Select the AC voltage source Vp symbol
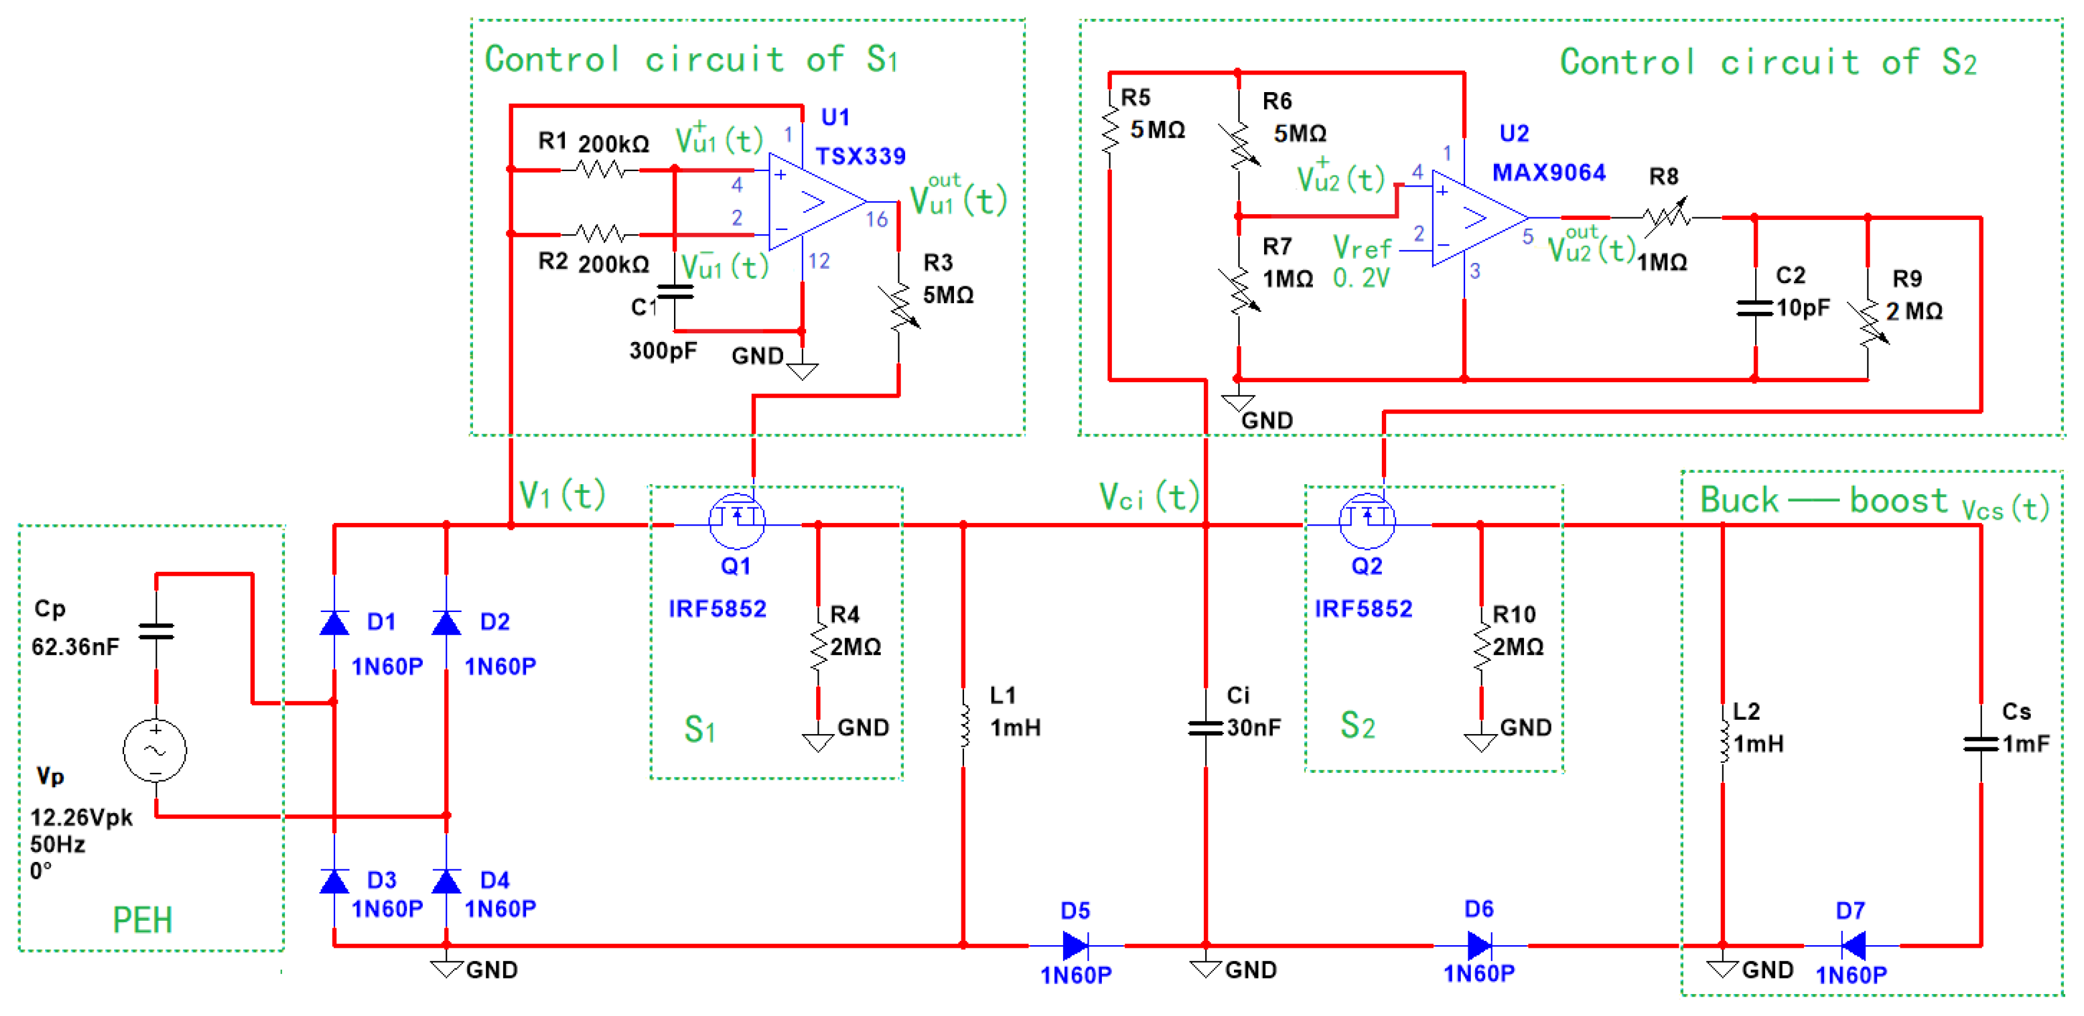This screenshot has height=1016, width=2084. click(155, 750)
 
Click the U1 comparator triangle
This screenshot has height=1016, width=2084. click(817, 202)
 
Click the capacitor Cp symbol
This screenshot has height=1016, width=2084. click(156, 631)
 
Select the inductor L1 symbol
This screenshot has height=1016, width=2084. click(963, 727)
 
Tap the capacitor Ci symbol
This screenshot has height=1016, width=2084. click(1205, 727)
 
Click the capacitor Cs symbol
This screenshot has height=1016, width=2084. click(1981, 744)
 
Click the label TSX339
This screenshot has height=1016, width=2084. click(860, 156)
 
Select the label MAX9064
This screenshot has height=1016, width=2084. click(1548, 172)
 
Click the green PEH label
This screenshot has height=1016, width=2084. click(142, 920)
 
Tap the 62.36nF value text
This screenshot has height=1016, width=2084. click(75, 646)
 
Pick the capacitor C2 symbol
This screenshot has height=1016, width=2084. click(1755, 308)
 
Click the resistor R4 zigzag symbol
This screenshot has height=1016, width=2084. click(818, 646)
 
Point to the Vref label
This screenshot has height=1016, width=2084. click(1362, 246)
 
